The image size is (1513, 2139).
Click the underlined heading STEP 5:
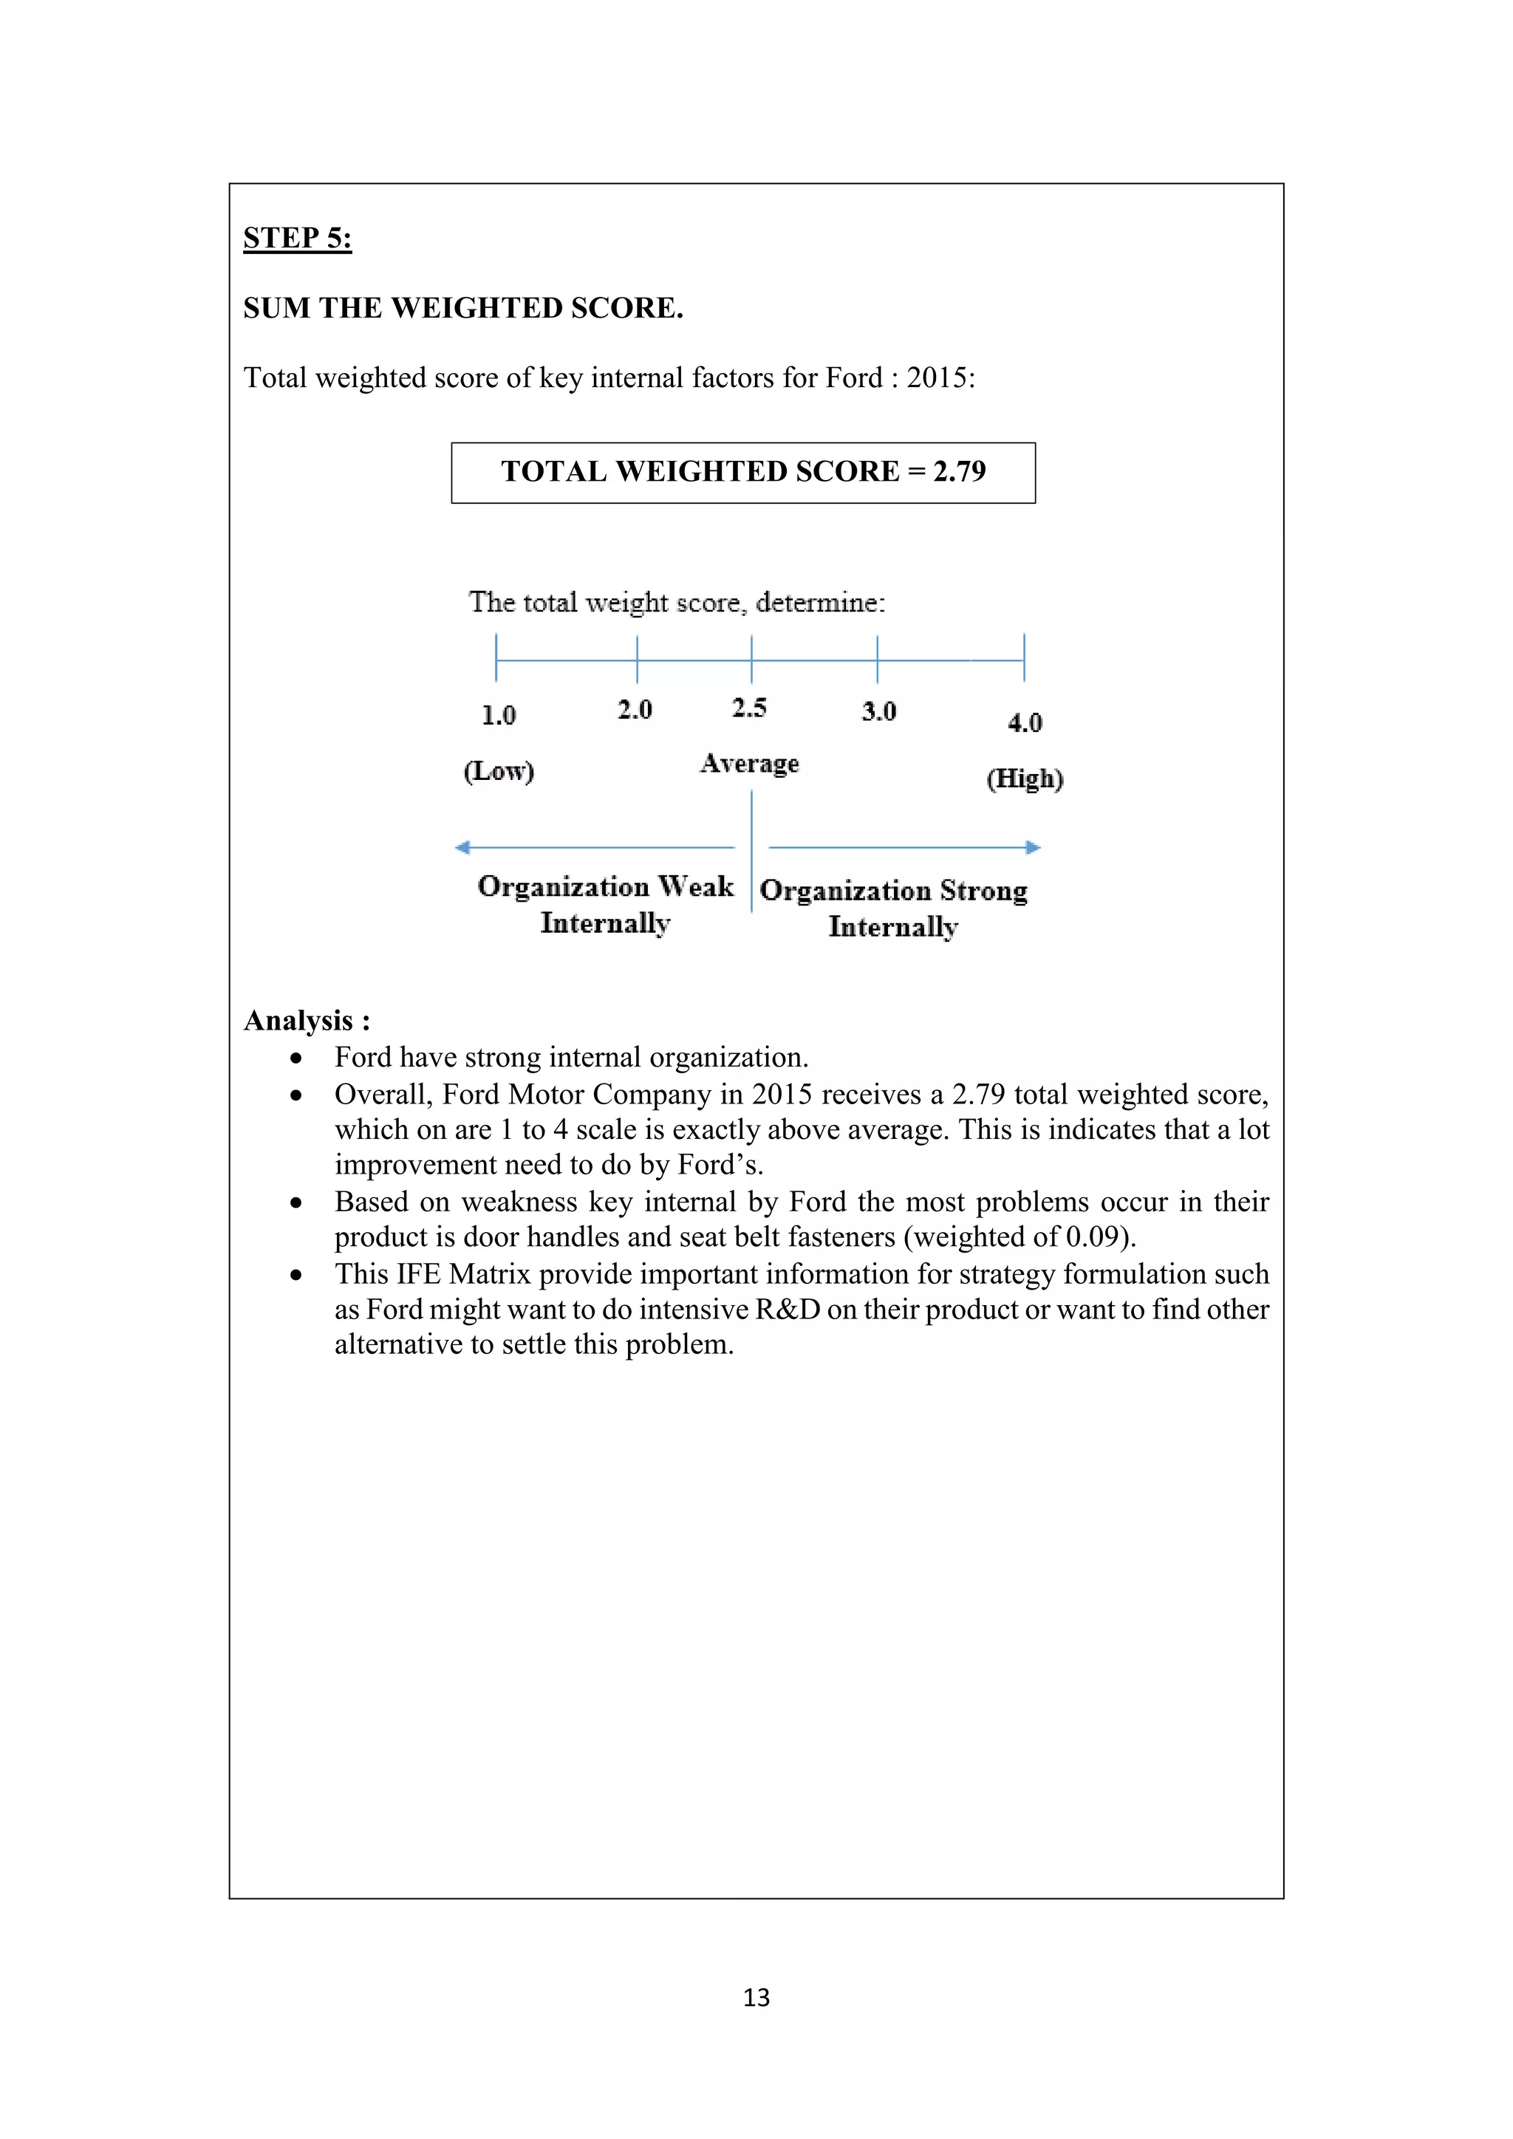pyautogui.click(x=297, y=239)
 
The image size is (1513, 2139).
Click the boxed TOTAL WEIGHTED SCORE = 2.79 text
pyautogui.click(x=742, y=471)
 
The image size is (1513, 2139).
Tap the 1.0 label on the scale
pyautogui.click(x=499, y=716)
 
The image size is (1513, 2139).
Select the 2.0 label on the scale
pyautogui.click(x=635, y=710)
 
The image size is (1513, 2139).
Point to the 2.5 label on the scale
pyautogui.click(x=749, y=708)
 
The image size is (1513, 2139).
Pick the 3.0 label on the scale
pyautogui.click(x=878, y=712)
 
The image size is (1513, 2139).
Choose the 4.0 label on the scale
pyautogui.click(x=1025, y=723)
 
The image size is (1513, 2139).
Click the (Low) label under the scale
pyautogui.click(x=499, y=771)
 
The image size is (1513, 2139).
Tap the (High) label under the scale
pyautogui.click(x=1025, y=778)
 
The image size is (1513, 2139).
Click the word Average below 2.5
pyautogui.click(x=750, y=764)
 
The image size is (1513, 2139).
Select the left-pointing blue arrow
pyautogui.click(x=596, y=847)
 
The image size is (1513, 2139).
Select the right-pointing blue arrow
pyautogui.click(x=904, y=847)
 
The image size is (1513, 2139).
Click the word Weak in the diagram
pyautogui.click(x=696, y=886)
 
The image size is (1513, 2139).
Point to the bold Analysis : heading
pyautogui.click(x=307, y=1021)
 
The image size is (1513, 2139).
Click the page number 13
pyautogui.click(x=756, y=1997)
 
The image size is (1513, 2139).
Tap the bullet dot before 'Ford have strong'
pyautogui.click(x=296, y=1059)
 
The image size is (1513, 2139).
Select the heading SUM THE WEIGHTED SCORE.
pyautogui.click(x=463, y=308)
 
